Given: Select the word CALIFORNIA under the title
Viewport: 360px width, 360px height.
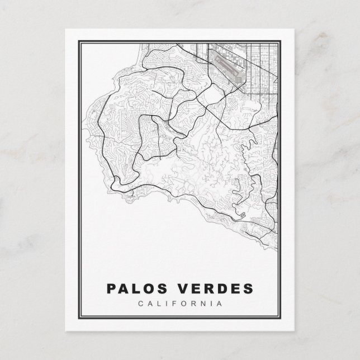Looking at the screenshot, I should [179, 304].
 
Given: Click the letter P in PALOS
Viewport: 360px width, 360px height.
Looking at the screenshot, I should [111, 289].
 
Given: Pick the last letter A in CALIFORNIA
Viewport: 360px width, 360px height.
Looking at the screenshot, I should [219, 304].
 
